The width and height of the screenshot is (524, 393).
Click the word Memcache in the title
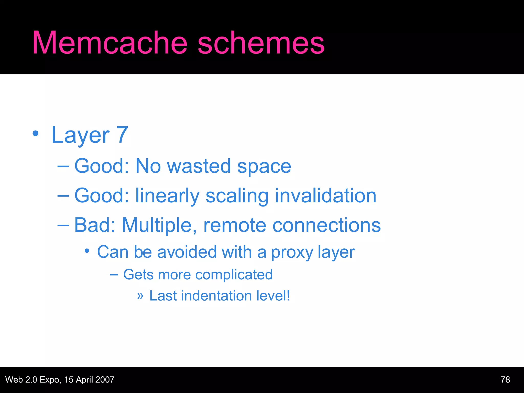point(110,43)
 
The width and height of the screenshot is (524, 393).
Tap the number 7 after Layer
point(122,135)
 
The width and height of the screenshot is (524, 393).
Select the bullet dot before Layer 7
point(36,133)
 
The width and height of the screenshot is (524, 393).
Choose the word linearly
point(167,196)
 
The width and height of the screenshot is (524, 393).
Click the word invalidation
point(325,195)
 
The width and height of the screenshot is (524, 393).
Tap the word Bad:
point(95,225)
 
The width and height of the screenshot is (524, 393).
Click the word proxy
point(292,253)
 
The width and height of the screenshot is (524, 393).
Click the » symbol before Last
point(140,296)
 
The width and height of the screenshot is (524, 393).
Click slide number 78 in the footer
point(505,379)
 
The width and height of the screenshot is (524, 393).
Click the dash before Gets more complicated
point(114,275)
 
